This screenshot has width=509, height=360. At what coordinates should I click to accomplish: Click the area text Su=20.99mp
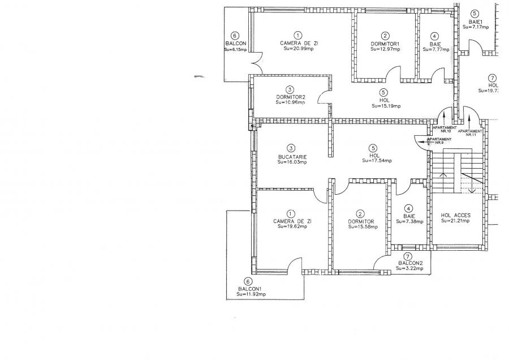tap(298, 49)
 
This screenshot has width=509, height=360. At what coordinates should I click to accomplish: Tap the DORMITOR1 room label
tap(385, 44)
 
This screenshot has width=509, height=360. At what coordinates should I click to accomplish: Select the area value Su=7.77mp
tap(434, 49)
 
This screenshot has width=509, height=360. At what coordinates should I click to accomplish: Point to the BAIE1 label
tap(474, 20)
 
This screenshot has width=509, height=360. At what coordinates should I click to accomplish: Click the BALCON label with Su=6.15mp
tap(235, 44)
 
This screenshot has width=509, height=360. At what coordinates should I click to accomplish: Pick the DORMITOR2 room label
tap(290, 97)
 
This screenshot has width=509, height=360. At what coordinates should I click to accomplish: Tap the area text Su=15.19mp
tap(386, 106)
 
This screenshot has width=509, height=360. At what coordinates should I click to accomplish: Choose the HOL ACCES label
tap(456, 216)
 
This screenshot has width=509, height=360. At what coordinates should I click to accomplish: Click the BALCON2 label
tap(410, 263)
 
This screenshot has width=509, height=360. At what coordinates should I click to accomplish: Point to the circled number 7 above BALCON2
tap(409, 256)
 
